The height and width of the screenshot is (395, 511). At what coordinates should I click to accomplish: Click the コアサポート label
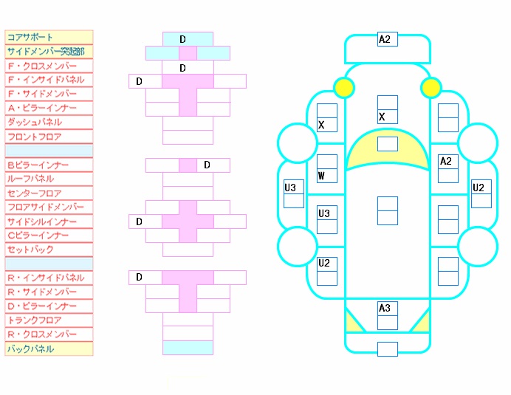[x=30, y=37]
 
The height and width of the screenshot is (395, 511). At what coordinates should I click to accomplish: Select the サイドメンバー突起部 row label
[x=46, y=52]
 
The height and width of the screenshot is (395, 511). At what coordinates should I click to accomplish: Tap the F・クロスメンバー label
[x=42, y=66]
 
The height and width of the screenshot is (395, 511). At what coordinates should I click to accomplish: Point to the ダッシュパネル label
[x=35, y=123]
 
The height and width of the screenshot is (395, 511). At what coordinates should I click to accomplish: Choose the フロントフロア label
[x=34, y=137]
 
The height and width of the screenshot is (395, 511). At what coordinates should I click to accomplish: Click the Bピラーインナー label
[x=38, y=165]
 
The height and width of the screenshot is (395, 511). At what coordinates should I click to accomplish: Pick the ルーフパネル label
[x=30, y=179]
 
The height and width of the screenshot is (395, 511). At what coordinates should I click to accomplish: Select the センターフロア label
[x=34, y=193]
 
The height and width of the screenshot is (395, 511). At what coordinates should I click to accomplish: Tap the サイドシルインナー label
[x=42, y=221]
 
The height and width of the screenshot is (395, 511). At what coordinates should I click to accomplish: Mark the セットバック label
[x=30, y=250]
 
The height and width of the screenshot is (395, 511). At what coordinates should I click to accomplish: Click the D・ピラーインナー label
[x=42, y=306]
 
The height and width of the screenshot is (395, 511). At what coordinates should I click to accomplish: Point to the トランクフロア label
[x=34, y=320]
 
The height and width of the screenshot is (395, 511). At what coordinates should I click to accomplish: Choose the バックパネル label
[x=30, y=348]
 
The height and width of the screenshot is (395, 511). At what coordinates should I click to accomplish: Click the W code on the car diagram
[x=321, y=176]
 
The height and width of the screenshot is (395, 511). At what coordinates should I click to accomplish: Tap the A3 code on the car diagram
[x=385, y=308]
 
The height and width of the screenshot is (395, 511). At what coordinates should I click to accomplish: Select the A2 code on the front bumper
[x=385, y=39]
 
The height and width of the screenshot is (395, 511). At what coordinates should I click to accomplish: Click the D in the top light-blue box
[x=183, y=39]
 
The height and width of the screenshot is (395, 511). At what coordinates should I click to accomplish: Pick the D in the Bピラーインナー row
[x=207, y=165]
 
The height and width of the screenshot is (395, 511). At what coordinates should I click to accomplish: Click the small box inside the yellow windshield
[x=388, y=144]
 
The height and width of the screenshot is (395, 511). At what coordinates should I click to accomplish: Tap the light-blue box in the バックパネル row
[x=188, y=348]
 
